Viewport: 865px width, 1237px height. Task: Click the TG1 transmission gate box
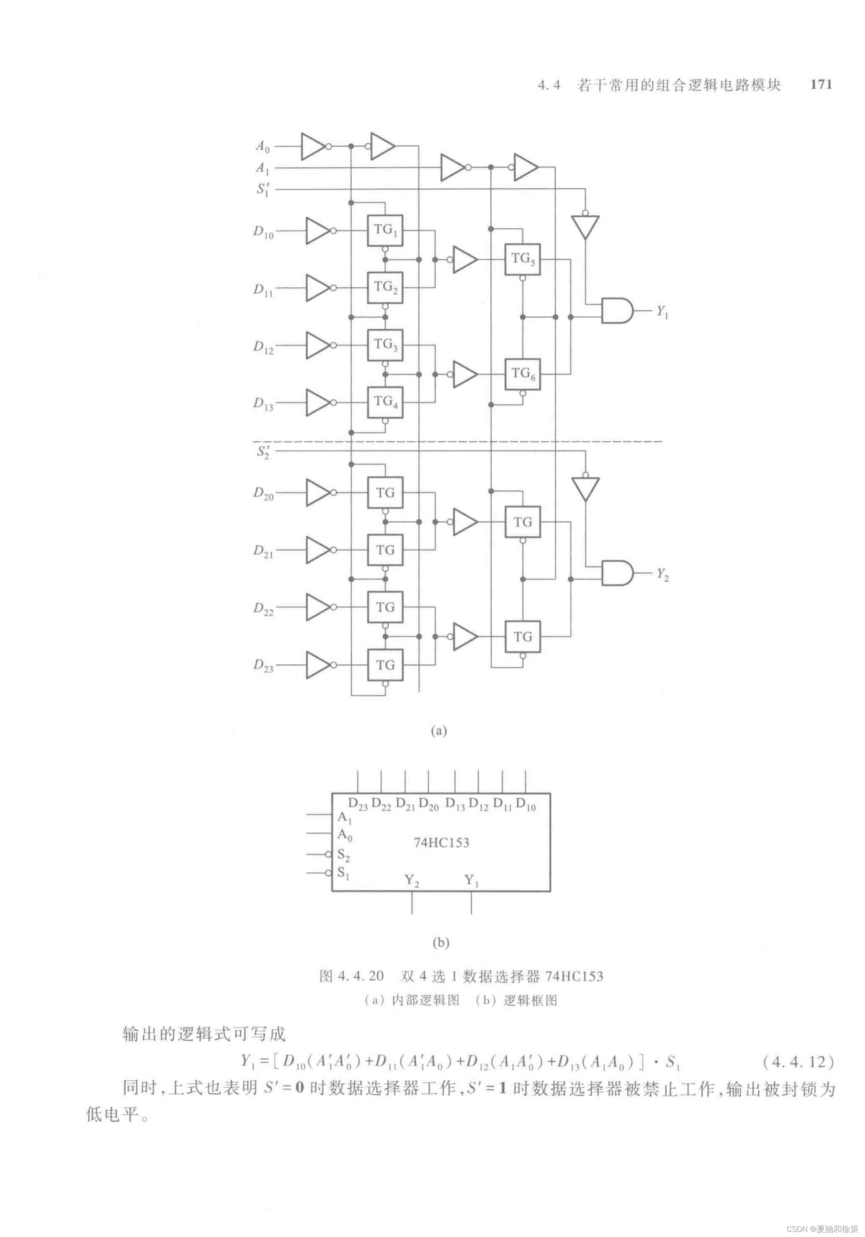pyautogui.click(x=385, y=230)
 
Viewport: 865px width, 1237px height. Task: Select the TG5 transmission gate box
pyautogui.click(x=522, y=260)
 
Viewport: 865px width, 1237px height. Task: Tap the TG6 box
pyautogui.click(x=522, y=374)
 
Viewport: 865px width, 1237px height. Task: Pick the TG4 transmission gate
pyautogui.click(x=385, y=403)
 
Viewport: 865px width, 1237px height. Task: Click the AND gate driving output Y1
pyautogui.click(x=616, y=310)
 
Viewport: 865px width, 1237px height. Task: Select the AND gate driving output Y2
pyautogui.click(x=616, y=573)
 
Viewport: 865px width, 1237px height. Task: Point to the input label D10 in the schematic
pyautogui.click(x=264, y=232)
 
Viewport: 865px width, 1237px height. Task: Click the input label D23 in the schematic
pyautogui.click(x=264, y=665)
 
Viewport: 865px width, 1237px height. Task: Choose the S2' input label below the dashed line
pyautogui.click(x=263, y=452)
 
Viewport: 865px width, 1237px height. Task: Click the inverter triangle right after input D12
pyautogui.click(x=318, y=345)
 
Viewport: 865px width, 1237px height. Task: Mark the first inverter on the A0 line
pyautogui.click(x=313, y=146)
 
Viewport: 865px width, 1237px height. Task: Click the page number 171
pyautogui.click(x=821, y=85)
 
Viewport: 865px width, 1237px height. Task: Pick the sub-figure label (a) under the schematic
pyautogui.click(x=439, y=731)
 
